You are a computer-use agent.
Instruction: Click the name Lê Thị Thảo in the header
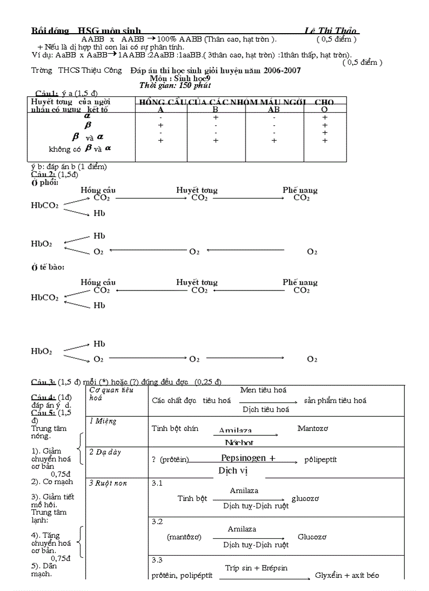coord(331,31)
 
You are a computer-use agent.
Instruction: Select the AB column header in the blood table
coord(273,109)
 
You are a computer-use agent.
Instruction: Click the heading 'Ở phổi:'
coord(45,182)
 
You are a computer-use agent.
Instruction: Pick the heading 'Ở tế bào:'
coord(47,268)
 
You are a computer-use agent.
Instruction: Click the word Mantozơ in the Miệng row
coord(312,428)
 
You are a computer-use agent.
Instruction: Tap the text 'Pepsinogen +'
coord(248,458)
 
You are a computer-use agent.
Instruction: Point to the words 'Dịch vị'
coord(233,470)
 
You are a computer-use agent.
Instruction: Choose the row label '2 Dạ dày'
coord(105,452)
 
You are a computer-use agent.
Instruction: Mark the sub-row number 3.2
coord(157,522)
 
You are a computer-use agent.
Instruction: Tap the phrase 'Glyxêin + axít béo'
coord(347,576)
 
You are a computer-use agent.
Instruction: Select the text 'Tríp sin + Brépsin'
coord(256,568)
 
